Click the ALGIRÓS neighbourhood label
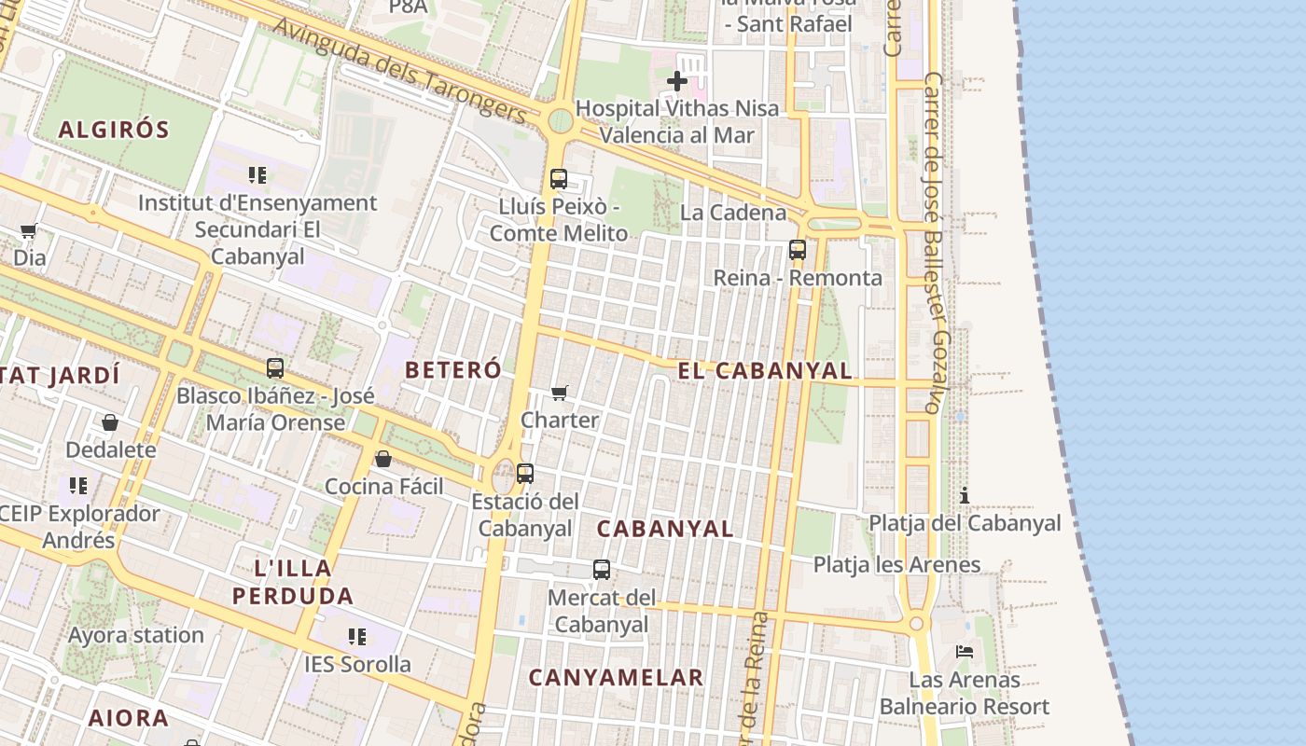coord(114,130)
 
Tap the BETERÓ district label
coord(452,369)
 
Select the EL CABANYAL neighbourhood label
coord(764,370)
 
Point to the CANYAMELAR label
coord(616,678)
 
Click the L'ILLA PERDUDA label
coord(293,582)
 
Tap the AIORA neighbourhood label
coord(129,718)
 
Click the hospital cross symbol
coord(677,82)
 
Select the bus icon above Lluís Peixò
coord(559,179)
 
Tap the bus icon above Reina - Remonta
coord(798,250)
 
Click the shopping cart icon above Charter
coord(560,393)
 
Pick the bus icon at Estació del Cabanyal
coord(525,474)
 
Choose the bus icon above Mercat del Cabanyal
coord(602,569)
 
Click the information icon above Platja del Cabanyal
coord(965,495)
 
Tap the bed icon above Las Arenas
coord(965,651)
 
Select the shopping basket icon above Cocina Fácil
coord(382,459)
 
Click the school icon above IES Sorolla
coord(357,636)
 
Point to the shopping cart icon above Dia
coord(28,230)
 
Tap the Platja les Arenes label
coord(896,564)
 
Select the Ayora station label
coord(136,635)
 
